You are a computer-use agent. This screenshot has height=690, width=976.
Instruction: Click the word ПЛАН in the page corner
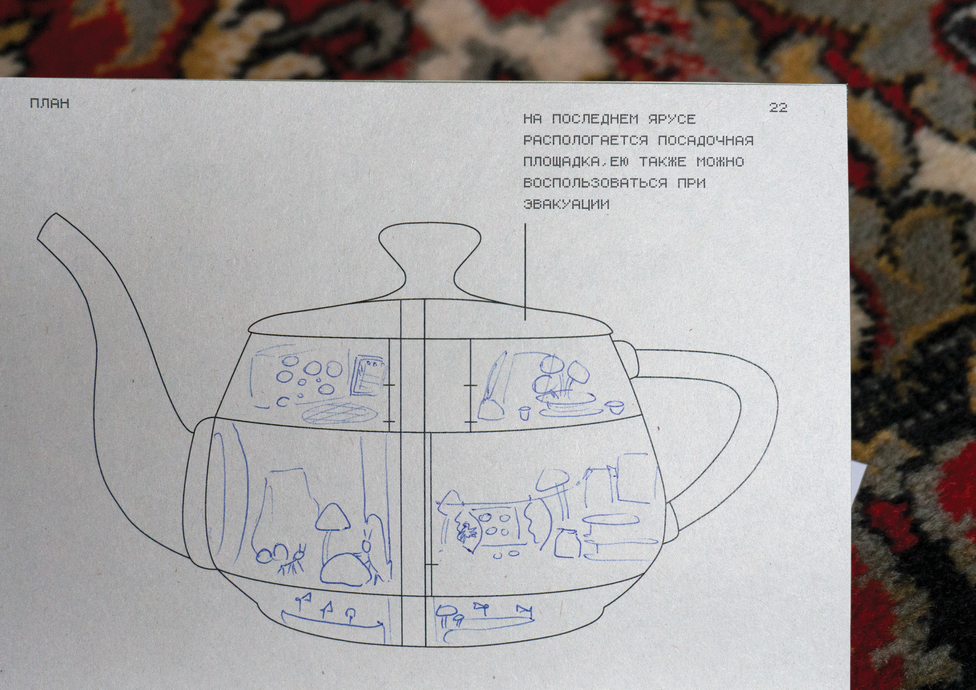[x=50, y=103]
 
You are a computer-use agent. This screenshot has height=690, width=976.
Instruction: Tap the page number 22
[x=778, y=108]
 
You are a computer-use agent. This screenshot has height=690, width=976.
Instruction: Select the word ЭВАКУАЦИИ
[x=567, y=204]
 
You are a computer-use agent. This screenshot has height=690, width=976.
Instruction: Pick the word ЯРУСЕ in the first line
[x=672, y=119]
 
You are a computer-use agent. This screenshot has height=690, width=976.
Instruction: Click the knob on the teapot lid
[x=429, y=255]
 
